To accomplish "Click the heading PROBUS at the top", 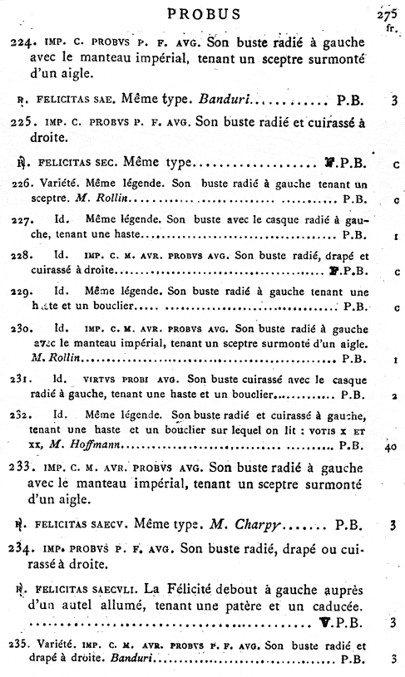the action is click(x=204, y=14).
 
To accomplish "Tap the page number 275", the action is click(x=386, y=12).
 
